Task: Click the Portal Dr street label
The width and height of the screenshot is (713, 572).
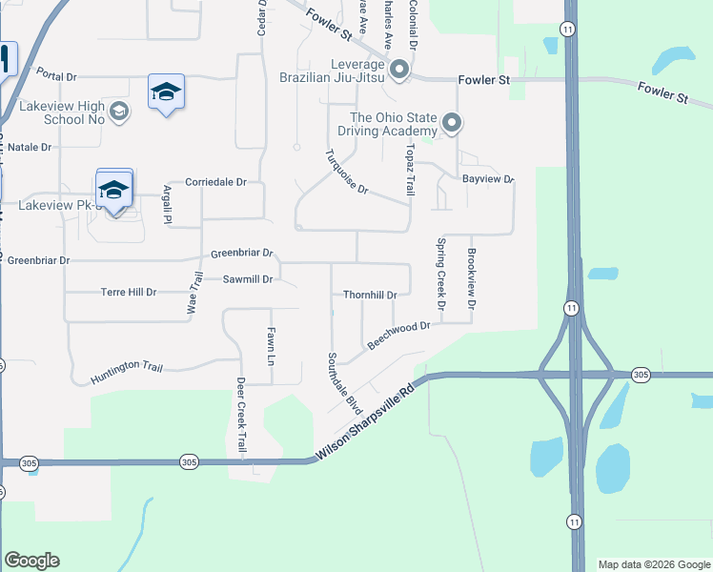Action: [56, 73]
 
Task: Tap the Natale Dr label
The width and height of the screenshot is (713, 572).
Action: [30, 148]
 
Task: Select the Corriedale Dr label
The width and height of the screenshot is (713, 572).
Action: [215, 182]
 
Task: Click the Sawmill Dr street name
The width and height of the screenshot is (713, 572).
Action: [248, 279]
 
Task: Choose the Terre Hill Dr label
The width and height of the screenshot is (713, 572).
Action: [128, 292]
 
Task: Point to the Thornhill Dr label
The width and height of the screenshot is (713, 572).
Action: [369, 295]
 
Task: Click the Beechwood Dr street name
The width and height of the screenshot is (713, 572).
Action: [399, 335]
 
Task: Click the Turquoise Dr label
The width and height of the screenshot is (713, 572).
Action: [346, 173]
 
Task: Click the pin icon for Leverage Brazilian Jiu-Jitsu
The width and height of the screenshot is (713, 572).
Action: [399, 69]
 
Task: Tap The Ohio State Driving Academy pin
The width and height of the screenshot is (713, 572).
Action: [452, 123]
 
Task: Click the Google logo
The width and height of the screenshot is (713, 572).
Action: [31, 561]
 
